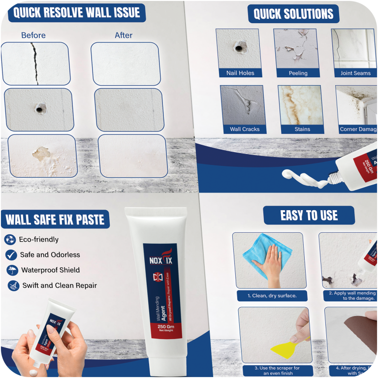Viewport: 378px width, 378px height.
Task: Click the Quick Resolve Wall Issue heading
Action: pos(76,12)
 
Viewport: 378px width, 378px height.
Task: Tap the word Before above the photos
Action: pos(33,35)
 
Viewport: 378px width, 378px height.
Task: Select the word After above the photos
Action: pos(124,35)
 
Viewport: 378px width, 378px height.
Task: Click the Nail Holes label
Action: pos(240,73)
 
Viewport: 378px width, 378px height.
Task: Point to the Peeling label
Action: pos(298,73)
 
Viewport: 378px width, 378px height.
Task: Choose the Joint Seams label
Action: pos(355,73)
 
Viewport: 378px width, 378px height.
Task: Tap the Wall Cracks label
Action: pos(245,129)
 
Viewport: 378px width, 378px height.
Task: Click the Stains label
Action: pos(302,129)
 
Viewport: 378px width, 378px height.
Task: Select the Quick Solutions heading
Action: pos(293,14)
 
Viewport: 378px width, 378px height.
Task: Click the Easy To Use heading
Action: pos(309,215)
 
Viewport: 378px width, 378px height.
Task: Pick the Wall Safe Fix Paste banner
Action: pos(55,219)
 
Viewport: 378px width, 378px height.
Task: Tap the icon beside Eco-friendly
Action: pos(10,240)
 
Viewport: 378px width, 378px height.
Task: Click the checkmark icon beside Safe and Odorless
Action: pos(10,255)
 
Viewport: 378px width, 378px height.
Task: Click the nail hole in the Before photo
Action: pos(38,108)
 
